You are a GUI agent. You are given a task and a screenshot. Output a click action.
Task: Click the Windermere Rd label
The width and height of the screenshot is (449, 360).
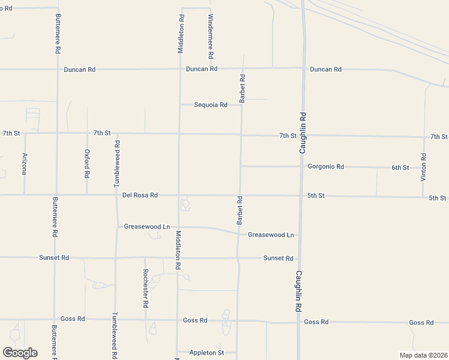click(211, 36)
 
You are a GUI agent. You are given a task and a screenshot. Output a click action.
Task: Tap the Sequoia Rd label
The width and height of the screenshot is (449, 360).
click(210, 105)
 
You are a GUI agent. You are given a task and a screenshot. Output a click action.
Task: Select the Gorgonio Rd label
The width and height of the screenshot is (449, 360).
click(325, 166)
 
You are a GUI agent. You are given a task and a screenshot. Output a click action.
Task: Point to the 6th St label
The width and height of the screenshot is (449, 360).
click(400, 167)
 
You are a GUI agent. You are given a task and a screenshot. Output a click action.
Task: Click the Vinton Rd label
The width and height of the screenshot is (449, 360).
click(424, 168)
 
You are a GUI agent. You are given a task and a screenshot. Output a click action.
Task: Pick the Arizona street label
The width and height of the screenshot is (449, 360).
click(25, 164)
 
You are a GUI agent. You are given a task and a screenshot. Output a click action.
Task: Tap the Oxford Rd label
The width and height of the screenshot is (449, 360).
click(87, 164)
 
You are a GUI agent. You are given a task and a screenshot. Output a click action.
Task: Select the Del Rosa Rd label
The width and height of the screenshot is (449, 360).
click(140, 195)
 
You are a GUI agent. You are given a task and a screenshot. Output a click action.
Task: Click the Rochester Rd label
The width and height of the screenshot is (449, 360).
click(145, 288)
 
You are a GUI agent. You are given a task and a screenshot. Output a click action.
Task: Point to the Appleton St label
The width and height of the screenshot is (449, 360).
click(206, 353)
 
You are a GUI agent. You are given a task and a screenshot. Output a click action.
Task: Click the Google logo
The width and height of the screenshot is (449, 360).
click(20, 353)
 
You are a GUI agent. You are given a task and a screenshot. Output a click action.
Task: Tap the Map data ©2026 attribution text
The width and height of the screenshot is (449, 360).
click(423, 355)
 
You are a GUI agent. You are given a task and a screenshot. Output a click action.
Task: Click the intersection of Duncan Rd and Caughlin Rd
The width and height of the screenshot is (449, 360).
click(303, 69)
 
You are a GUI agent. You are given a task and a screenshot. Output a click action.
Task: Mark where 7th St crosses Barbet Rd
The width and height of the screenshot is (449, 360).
click(241, 134)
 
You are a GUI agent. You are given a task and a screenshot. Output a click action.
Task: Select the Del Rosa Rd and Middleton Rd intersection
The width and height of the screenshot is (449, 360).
click(178, 195)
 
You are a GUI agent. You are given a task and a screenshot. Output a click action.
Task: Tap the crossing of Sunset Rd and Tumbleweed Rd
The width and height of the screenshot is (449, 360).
click(116, 258)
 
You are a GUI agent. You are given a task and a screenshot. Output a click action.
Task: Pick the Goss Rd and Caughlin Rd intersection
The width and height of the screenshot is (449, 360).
click(299, 322)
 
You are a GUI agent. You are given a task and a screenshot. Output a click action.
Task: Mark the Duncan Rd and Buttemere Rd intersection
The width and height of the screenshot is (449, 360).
click(58, 70)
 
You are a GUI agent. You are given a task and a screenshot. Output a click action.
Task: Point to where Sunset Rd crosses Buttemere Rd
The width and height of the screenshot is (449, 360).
click(55, 258)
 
